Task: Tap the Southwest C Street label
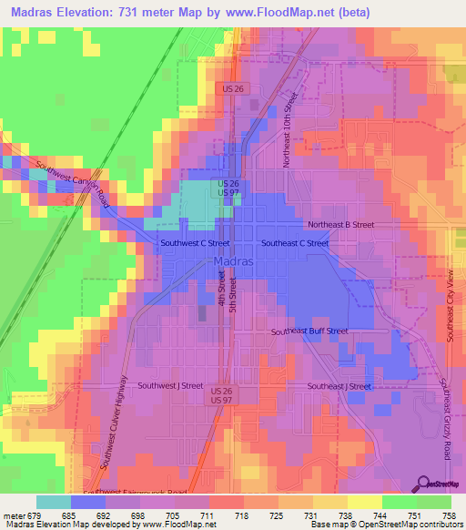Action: coord(194,243)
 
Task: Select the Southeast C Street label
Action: coord(295,243)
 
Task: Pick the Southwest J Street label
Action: coord(170,385)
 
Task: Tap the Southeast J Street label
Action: coord(339,386)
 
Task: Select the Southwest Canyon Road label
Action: coord(74,183)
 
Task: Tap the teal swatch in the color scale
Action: coord(53,501)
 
